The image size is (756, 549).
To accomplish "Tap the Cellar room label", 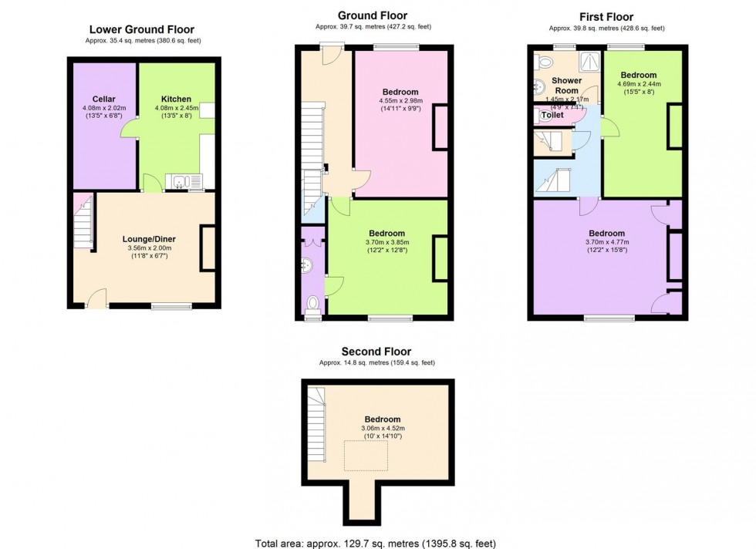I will click(x=104, y=99).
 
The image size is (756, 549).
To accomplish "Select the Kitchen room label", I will click(x=176, y=99).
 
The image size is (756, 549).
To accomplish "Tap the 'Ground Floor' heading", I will click(x=373, y=15).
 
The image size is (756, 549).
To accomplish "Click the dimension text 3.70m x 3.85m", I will click(x=386, y=241).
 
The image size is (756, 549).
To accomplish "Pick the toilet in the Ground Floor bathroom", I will click(x=312, y=303).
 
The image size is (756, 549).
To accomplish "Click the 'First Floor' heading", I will click(x=606, y=17).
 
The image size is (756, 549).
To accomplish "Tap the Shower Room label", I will click(x=566, y=85).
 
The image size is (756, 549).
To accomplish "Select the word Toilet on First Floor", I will click(x=552, y=115).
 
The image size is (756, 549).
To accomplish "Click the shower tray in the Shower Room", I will click(x=589, y=64).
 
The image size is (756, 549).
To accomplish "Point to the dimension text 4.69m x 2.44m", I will click(x=639, y=84).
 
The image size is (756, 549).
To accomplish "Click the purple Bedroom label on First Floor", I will click(x=607, y=233).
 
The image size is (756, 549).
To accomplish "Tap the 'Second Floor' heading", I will click(x=376, y=352).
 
